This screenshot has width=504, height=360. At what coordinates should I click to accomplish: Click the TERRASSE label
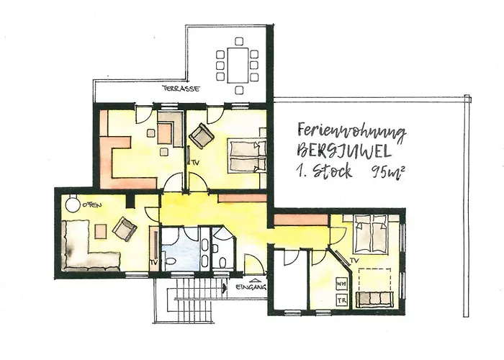(181, 89)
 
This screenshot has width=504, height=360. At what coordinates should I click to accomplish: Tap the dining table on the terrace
(238, 66)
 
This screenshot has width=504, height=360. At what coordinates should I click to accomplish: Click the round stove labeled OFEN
(72, 204)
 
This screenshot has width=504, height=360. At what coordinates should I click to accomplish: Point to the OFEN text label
(92, 204)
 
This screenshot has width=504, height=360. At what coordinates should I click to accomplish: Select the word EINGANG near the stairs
(251, 287)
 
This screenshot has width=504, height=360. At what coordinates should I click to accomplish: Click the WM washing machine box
(341, 284)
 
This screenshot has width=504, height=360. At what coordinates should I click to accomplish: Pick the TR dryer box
(341, 300)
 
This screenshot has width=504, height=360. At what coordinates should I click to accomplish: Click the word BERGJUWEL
(344, 150)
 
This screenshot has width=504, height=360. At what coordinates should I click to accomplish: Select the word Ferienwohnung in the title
(351, 132)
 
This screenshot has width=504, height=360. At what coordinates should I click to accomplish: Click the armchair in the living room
(125, 228)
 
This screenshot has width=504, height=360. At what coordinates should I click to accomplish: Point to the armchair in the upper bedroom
(201, 135)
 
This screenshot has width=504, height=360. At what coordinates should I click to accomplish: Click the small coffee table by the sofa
(101, 231)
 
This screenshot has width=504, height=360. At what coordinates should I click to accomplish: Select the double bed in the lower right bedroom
(370, 234)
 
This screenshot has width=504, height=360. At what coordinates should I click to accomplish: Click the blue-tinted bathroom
(180, 249)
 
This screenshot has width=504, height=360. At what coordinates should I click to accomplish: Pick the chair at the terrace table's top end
(239, 41)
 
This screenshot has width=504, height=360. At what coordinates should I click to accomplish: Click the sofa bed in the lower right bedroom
(375, 299)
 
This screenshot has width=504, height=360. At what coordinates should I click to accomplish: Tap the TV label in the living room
(153, 262)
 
